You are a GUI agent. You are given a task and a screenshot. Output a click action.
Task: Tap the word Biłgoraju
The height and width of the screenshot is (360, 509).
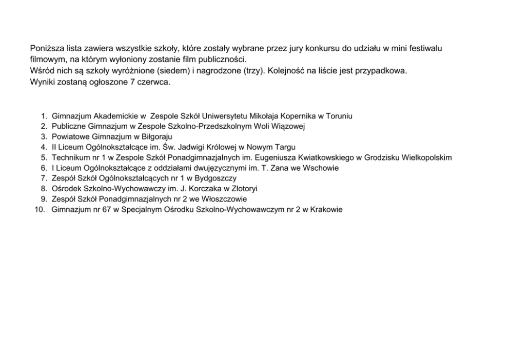pos(157,137)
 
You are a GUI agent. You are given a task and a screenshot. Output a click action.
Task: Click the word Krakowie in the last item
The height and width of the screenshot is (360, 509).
pos(326,210)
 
